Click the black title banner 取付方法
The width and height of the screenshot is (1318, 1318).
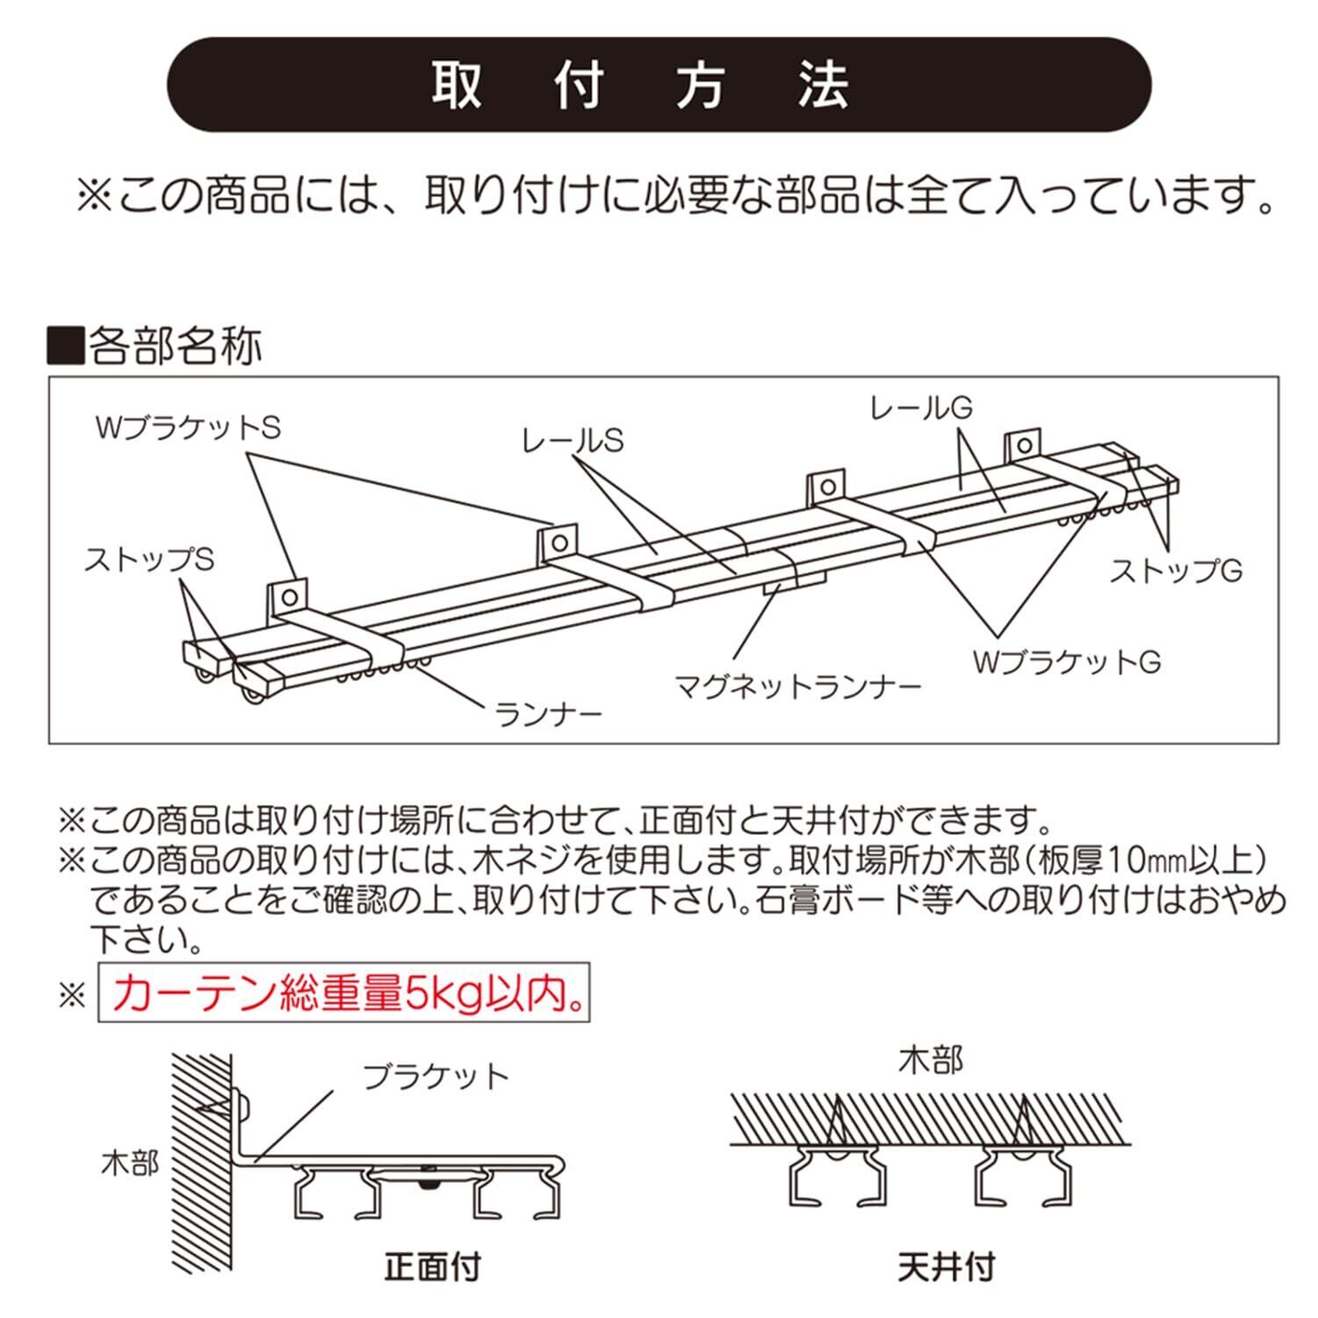pos(659,85)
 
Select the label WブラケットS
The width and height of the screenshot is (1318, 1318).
pos(187,429)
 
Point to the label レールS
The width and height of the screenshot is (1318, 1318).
pos(572,441)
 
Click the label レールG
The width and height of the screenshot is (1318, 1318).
pos(921,407)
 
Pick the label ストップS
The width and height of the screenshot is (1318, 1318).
pos(148,559)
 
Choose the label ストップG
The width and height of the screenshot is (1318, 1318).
pos(1176,571)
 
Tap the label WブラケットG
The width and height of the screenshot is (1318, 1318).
pos(1066,661)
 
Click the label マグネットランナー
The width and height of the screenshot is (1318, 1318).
pos(797,685)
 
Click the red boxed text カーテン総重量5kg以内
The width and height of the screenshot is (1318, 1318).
pos(343,995)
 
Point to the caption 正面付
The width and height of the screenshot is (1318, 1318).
pos(433,1267)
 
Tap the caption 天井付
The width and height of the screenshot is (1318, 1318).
pos(946,1267)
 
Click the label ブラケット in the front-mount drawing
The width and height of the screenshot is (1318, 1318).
pos(436,1077)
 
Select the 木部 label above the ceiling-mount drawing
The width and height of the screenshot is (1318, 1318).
pos(931,1061)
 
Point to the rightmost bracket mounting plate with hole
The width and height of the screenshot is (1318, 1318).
pos(1024,445)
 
